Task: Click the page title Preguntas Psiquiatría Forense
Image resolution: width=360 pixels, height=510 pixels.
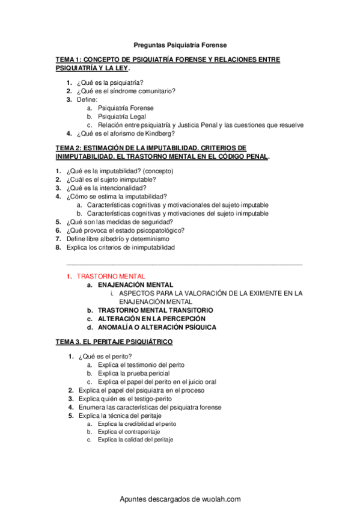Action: point(180,45)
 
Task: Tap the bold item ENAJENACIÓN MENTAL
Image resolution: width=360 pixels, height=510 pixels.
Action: point(136,284)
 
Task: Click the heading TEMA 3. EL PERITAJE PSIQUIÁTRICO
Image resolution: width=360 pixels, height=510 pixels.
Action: point(114,342)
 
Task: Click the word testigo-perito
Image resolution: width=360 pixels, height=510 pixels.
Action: point(151,399)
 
